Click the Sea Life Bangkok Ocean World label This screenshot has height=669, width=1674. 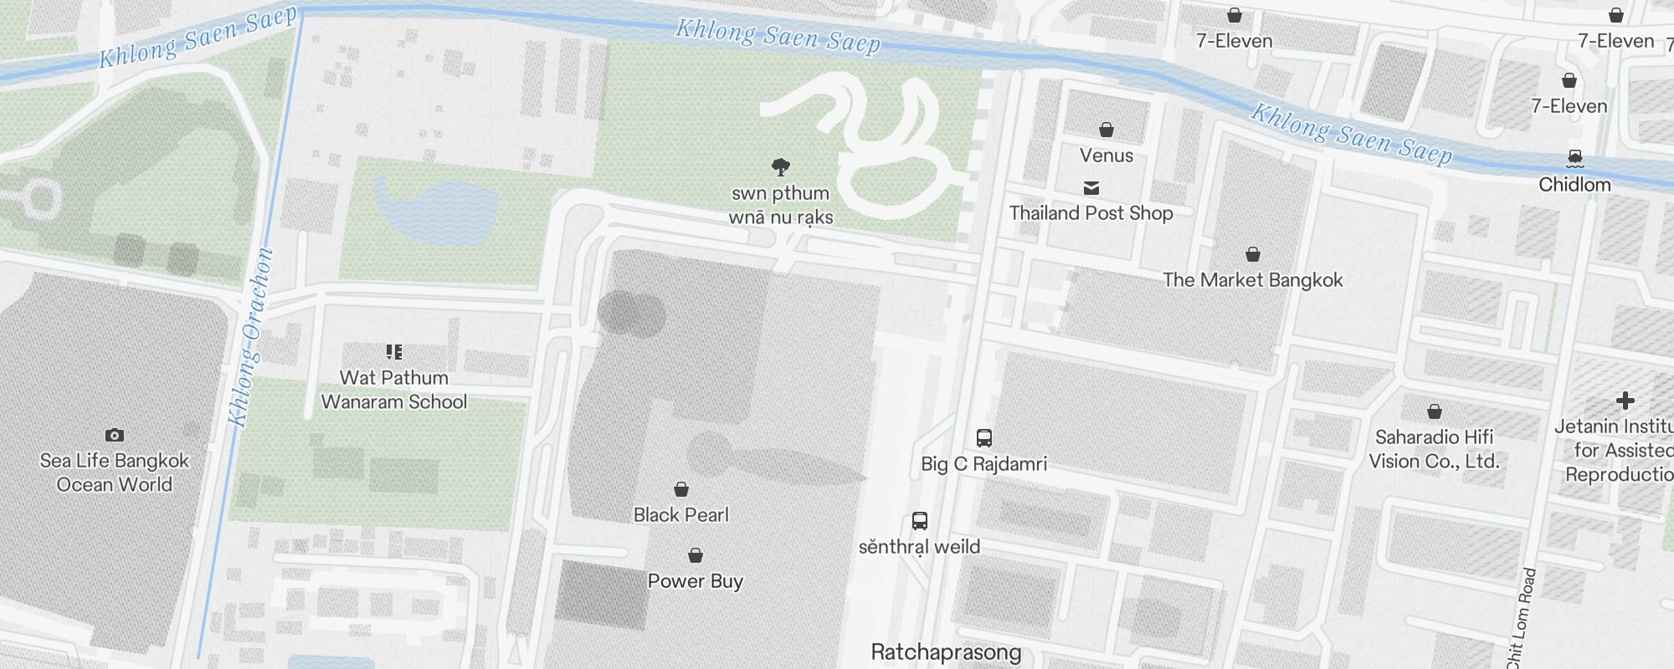coord(115,472)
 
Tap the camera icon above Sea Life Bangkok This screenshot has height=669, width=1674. coord(115,435)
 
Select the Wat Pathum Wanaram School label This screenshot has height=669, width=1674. coord(394,390)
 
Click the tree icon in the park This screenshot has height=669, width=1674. coord(781,167)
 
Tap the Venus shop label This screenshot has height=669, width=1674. coord(1107,156)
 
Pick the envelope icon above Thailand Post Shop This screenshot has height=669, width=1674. coord(1091,188)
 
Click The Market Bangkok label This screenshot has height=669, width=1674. coord(1253,280)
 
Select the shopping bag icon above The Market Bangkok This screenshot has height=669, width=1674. coord(1253,254)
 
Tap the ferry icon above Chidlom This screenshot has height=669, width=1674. coord(1575,158)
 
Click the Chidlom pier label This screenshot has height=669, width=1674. coord(1574,185)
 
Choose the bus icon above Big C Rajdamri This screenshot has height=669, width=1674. coord(984,437)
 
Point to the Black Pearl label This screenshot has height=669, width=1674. coord(681,515)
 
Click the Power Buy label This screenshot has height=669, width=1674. coord(696,581)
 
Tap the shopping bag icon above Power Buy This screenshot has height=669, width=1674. coord(696,555)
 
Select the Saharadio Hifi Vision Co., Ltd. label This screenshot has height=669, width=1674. coord(1435,449)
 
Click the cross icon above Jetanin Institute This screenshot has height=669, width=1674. coord(1625,401)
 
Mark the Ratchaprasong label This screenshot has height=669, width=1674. coord(947,652)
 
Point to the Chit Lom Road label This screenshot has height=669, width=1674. coord(1521,619)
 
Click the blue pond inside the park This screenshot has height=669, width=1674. coord(435,209)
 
